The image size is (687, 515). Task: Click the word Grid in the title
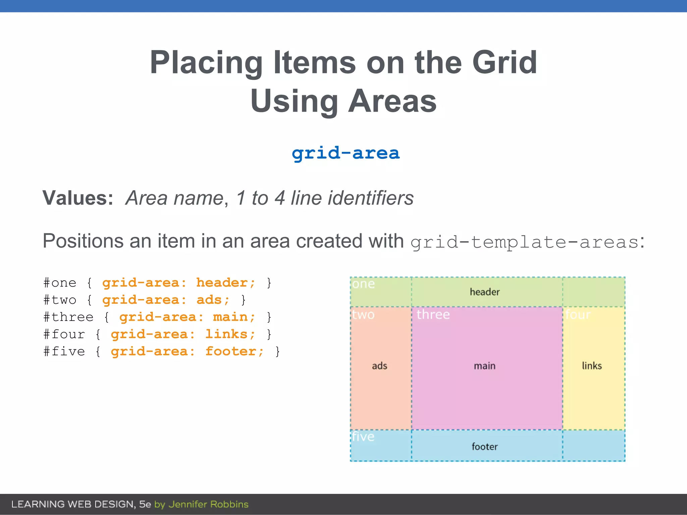505,63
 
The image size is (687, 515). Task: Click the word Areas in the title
392,101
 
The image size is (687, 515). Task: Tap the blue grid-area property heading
346,154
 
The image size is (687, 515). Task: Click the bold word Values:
78,198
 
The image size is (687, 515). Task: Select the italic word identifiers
370,198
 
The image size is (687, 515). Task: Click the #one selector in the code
60,283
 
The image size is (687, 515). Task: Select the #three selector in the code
68,317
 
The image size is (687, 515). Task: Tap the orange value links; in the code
230,334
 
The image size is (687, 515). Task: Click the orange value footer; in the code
234,351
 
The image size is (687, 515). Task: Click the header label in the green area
485,292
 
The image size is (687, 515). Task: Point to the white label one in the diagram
363,284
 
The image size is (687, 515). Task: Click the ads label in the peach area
379,366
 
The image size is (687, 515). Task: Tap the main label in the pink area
484,366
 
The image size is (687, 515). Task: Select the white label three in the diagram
433,315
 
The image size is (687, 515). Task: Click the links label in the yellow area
592,366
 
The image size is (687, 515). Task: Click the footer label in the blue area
484,447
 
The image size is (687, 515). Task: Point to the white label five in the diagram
363,437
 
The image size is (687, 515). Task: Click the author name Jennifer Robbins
208,504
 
